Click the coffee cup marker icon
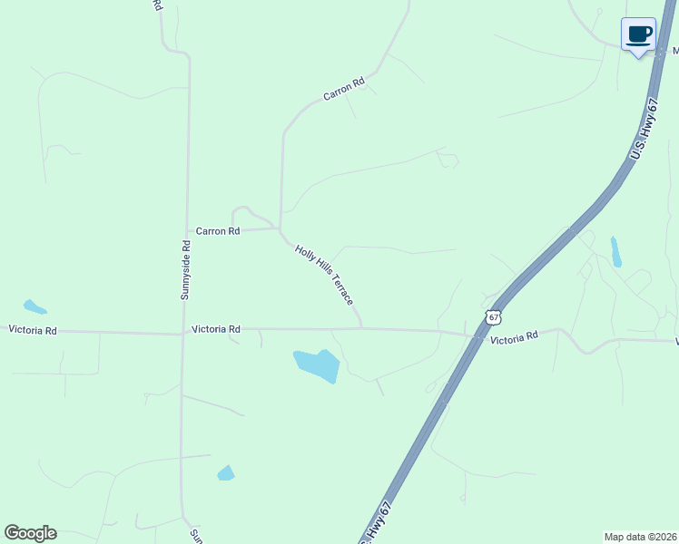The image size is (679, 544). (x=638, y=34)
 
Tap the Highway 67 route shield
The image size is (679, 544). (x=493, y=316)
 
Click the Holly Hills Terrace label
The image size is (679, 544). (x=324, y=273)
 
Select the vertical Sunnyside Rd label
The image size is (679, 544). (x=185, y=269)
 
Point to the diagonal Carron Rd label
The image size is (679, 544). (x=344, y=89)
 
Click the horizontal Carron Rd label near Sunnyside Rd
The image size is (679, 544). (x=217, y=231)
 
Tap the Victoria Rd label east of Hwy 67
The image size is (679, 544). (x=514, y=335)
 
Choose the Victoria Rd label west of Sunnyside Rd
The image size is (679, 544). (x=33, y=331)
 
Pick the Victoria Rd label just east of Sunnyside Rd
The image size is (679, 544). (x=216, y=329)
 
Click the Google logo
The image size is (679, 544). (x=30, y=532)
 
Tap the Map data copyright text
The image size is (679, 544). (x=641, y=537)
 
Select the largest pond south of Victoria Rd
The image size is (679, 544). (x=317, y=364)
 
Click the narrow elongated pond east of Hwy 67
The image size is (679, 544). (x=615, y=251)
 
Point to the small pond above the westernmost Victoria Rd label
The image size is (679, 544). (x=34, y=306)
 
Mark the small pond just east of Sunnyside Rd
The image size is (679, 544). (x=226, y=472)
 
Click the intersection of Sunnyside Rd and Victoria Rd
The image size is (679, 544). (x=183, y=333)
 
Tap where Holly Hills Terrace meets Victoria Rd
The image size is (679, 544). (x=362, y=329)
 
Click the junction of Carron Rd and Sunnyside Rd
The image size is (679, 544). (x=187, y=231)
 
